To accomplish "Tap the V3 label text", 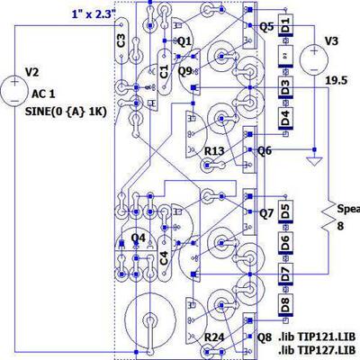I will coord(332,40).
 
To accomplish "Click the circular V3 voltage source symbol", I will coord(313,60).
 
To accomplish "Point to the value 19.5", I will coord(337,80).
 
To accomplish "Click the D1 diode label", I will coord(284,24).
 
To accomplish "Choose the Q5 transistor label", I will coord(265,27).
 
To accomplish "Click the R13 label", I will coord(213,151).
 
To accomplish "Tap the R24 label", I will coord(214,336).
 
